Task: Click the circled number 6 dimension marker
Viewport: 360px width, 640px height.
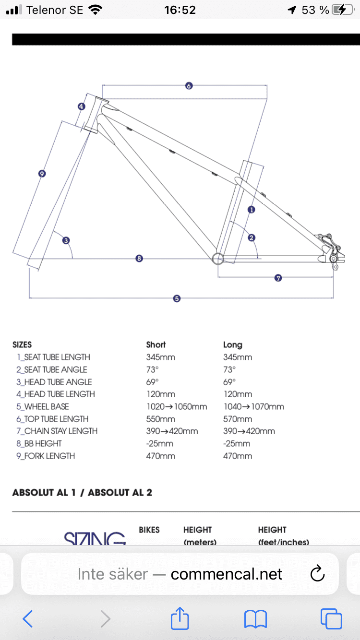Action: [x=189, y=86]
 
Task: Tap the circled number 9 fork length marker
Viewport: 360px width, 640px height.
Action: [x=42, y=174]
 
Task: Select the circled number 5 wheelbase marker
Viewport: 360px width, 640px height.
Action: [x=177, y=298]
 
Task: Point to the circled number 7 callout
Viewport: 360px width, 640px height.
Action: [x=278, y=278]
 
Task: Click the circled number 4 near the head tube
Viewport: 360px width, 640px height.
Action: [x=82, y=107]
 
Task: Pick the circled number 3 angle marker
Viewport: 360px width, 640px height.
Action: [x=66, y=240]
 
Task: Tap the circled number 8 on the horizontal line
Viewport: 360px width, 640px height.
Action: [x=139, y=259]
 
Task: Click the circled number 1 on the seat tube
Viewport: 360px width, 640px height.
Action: [x=251, y=209]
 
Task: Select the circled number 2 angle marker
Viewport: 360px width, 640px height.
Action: [x=251, y=237]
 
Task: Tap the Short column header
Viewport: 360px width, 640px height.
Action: [x=156, y=344]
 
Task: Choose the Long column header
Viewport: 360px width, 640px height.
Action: [x=233, y=344]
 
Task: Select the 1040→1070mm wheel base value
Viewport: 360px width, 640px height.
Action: [x=253, y=406]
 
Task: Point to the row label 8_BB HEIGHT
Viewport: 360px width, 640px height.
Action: [x=39, y=443]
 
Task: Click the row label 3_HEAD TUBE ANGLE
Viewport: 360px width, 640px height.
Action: [x=54, y=382]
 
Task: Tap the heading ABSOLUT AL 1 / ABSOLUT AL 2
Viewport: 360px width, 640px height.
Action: [x=82, y=492]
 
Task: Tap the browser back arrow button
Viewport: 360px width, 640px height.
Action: [x=28, y=619]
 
